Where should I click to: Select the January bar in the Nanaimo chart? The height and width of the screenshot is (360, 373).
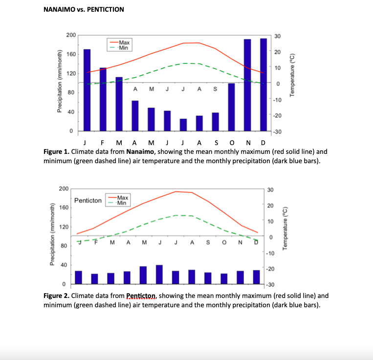87,90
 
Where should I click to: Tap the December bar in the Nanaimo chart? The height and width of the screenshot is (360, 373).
263,85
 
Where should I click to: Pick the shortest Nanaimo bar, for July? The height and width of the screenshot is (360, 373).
183,125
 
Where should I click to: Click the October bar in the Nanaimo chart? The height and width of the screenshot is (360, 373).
231,107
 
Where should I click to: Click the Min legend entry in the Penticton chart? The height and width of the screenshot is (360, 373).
122,203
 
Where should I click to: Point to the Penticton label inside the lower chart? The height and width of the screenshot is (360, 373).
88,201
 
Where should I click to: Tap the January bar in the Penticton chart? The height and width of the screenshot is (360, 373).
79,277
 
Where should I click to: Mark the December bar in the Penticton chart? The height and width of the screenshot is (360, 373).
256,277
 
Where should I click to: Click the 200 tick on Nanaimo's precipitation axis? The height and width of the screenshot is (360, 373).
71,35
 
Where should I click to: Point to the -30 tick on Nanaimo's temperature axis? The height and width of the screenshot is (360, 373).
277,132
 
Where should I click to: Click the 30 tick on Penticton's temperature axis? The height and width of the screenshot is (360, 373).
271,190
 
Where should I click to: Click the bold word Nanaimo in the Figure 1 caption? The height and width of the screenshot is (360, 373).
141,151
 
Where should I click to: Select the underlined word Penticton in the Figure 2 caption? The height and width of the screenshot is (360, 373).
141,296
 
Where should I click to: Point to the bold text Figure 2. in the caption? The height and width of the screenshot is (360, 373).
56,296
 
